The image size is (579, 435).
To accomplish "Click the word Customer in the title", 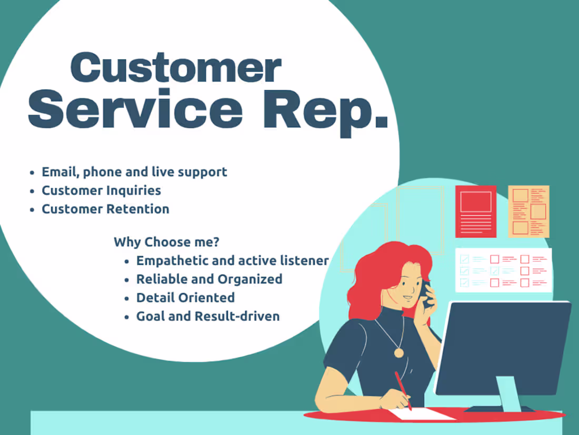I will point(176,68).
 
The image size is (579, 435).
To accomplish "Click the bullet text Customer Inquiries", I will point(101,190).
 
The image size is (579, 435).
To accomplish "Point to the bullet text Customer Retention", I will point(105,209).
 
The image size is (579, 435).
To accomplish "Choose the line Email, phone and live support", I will point(134,172).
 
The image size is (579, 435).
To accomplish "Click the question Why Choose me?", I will point(166,243).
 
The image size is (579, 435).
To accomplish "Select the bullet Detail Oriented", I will point(185,297).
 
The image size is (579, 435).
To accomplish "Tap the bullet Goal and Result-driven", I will point(208,316).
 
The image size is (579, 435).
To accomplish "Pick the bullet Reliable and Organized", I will point(209,279).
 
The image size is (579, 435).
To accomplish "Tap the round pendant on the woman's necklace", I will point(398,353).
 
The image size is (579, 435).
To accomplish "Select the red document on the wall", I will point(475,211).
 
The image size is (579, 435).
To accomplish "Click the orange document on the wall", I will point(528,211).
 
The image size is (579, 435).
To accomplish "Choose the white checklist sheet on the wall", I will point(503,270).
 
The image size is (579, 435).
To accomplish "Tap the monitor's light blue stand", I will point(508,393).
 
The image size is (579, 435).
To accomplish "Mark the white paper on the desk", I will point(424,414).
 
